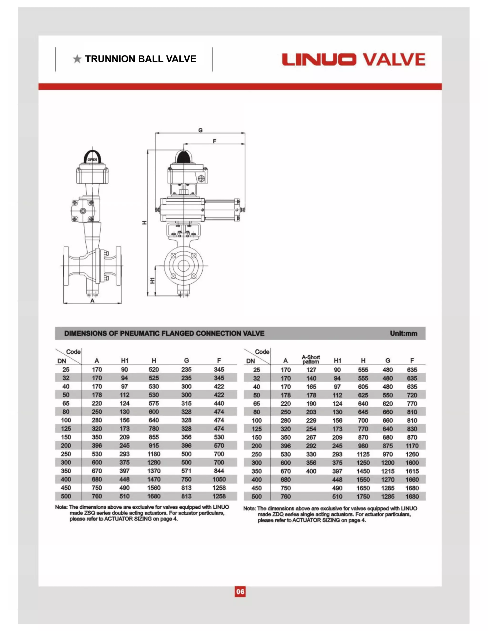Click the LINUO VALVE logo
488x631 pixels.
point(353,59)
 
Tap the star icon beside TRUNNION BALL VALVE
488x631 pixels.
point(77,59)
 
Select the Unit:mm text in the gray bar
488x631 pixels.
point(403,333)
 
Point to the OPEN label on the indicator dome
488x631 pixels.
point(92,160)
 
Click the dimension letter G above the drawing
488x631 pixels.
point(200,130)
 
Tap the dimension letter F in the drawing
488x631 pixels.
point(214,141)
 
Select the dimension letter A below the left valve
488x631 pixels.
point(92,300)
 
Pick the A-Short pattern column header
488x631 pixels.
point(311,359)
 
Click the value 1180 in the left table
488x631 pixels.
point(154,454)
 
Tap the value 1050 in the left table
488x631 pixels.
point(219,479)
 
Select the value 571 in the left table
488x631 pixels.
point(186,471)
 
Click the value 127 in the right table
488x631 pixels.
point(311,370)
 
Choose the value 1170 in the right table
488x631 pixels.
point(412,446)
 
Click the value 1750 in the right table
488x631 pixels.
point(363,496)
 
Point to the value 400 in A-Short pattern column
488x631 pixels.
point(311,471)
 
